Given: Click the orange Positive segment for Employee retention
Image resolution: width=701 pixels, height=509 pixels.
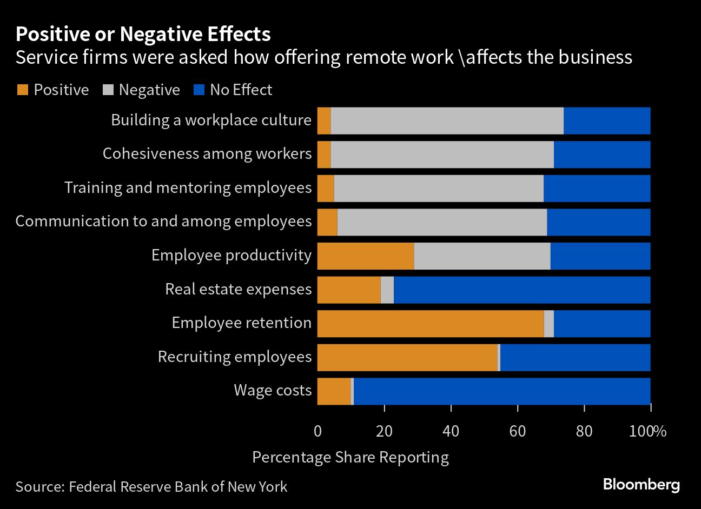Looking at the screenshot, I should [x=431, y=324].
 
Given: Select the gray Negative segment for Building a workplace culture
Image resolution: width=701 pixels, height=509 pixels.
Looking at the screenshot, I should [x=447, y=120].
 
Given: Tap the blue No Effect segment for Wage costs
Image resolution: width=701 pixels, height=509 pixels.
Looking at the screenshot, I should [x=502, y=391].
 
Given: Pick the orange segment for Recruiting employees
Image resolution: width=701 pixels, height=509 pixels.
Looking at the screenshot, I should [x=407, y=357].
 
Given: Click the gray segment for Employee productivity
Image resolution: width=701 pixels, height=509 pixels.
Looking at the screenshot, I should [x=482, y=256].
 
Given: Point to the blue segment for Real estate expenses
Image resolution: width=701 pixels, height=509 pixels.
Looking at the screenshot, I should [x=522, y=290].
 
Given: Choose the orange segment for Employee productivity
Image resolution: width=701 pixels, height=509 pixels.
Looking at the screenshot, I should [x=366, y=256].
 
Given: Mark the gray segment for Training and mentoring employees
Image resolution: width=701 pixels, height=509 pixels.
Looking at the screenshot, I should [x=439, y=188].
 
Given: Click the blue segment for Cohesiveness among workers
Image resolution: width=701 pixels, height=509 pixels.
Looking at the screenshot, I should [x=602, y=155].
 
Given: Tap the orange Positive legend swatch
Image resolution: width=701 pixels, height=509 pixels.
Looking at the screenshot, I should [x=22, y=90].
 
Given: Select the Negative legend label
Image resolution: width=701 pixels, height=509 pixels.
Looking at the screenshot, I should [x=149, y=90].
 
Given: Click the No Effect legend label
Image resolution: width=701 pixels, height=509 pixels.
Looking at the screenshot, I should [x=241, y=90].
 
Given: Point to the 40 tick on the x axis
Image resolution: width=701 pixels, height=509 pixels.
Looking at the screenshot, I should [x=451, y=431].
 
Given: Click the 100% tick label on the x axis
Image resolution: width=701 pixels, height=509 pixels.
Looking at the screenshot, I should [x=649, y=431].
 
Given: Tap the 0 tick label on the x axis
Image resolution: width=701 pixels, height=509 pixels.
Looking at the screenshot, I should [x=318, y=431].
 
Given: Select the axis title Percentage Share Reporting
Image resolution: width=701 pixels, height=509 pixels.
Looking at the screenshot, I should [x=350, y=457].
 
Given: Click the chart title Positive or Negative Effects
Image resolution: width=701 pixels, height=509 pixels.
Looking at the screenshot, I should [x=143, y=35].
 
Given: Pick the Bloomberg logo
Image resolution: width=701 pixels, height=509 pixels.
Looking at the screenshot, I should [x=641, y=484].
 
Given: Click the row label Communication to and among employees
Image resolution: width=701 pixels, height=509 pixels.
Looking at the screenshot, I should [x=163, y=222].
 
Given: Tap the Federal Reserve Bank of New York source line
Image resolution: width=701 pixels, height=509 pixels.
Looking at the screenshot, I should [x=151, y=486].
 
